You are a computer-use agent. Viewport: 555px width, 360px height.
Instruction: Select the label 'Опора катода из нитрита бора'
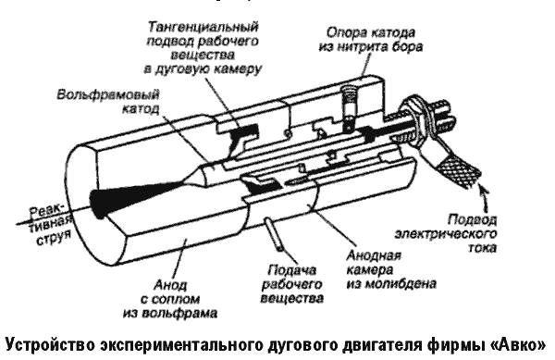point(371,40)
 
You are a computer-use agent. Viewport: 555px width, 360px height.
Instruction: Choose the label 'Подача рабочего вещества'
point(292,284)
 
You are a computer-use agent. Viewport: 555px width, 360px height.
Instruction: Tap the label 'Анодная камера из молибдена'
point(391,269)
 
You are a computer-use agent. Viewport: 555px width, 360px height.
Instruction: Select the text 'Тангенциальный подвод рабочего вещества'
point(203,41)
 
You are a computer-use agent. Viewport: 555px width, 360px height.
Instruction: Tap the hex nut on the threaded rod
point(413,116)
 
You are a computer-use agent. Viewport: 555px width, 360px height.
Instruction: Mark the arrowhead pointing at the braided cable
point(484,192)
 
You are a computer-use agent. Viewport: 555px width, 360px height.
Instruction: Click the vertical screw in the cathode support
point(349,108)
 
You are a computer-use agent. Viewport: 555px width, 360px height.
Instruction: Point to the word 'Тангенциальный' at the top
point(203,27)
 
